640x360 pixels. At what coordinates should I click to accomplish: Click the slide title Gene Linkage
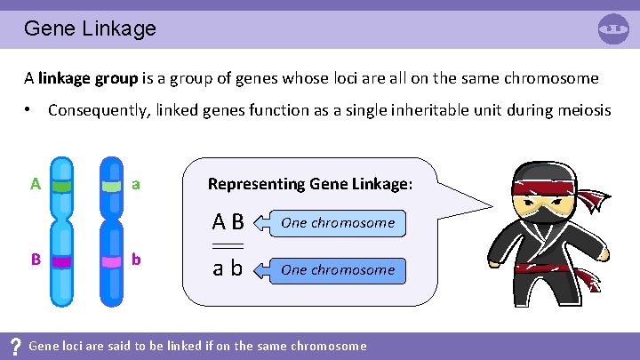click(x=90, y=28)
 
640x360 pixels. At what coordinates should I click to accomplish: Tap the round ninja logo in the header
click(x=613, y=28)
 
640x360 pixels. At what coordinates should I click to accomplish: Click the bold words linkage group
click(x=88, y=78)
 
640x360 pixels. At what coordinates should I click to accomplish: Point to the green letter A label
click(x=35, y=185)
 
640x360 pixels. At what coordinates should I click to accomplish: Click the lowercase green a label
click(x=136, y=185)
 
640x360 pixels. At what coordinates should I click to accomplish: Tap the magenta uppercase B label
click(x=35, y=260)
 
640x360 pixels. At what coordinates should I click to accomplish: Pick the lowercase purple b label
click(x=136, y=260)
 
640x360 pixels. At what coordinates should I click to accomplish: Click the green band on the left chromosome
click(x=61, y=187)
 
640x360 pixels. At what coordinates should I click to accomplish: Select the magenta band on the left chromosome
click(x=61, y=262)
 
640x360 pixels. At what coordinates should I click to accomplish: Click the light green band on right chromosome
click(x=111, y=187)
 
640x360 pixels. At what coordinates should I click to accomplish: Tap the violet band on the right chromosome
click(x=111, y=262)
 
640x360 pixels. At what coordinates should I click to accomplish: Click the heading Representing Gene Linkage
click(x=309, y=184)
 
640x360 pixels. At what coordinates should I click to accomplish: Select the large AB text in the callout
click(x=228, y=222)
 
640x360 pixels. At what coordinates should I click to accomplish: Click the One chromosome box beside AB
click(x=338, y=223)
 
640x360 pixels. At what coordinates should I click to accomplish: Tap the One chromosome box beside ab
click(x=338, y=270)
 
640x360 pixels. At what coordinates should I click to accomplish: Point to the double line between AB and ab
click(x=228, y=245)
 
